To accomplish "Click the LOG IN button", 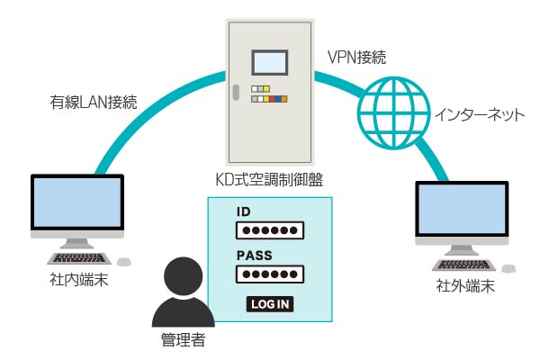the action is [270, 304].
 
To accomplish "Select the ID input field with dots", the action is [270, 230].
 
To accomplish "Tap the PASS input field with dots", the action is [270, 274].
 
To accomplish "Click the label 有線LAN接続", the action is [94, 103].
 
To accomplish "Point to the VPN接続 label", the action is [357, 58].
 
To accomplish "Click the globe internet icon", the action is [393, 113].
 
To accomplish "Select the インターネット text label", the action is [480, 114].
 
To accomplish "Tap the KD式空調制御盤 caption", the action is [269, 179].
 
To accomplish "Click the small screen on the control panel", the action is [270, 63].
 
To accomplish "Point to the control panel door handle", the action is [236, 93].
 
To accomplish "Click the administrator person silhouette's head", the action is [184, 276].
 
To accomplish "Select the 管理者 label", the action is [184, 339].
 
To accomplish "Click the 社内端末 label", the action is [79, 280].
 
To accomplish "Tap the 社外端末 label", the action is [465, 286].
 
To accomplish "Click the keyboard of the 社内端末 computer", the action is [79, 258].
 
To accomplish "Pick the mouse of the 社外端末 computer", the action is [508, 269].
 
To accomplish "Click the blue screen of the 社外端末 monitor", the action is [462, 209].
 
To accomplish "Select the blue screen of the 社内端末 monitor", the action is [77, 202].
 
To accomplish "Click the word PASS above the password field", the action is [255, 256].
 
